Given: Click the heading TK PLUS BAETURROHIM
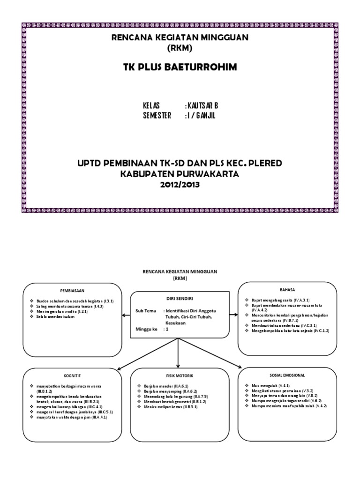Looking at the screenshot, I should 180,67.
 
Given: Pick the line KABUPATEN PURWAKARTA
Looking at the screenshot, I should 180,173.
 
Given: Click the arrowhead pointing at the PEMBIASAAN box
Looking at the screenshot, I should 123,315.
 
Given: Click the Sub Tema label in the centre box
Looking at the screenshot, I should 145,311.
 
